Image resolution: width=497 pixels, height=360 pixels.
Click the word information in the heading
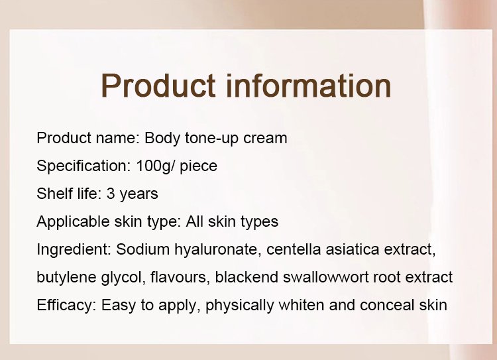[x=309, y=86]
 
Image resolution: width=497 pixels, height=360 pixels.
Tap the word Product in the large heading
[x=158, y=86]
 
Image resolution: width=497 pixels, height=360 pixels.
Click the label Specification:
[x=83, y=166]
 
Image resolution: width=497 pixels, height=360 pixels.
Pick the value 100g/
[x=155, y=166]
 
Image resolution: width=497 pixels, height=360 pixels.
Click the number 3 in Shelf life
[x=111, y=194]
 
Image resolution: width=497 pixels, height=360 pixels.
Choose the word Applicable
[x=73, y=221]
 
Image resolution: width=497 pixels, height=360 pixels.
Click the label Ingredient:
[x=74, y=250]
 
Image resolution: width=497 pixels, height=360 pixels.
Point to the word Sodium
[x=142, y=249]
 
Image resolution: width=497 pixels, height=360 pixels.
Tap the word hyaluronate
[x=218, y=250]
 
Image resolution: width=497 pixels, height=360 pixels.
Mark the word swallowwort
[x=325, y=277]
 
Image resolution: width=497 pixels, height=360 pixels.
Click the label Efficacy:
[x=66, y=306]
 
